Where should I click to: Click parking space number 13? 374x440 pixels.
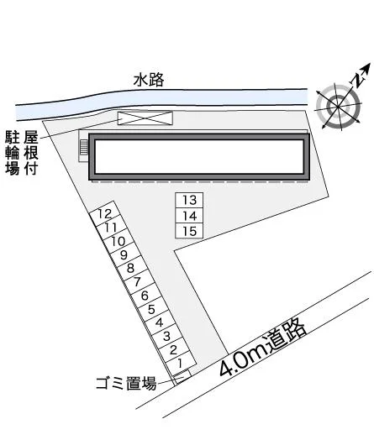tap(189, 200)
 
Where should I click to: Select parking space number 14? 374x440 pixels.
tap(189, 216)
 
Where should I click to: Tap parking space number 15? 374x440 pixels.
tap(189, 231)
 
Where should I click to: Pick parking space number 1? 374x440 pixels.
tap(181, 364)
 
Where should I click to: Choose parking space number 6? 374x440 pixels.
tap(145, 296)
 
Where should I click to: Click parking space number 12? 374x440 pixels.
tap(105, 214)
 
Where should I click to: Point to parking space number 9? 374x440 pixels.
tap(124, 255)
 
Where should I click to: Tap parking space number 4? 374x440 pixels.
tap(160, 322)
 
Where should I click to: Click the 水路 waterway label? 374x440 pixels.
tap(149, 80)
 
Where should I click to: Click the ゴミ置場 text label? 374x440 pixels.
tap(126, 383)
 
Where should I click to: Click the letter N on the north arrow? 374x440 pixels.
tap(358, 80)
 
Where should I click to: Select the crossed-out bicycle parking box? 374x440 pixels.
tap(145, 118)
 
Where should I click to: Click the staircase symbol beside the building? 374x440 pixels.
tap(84, 147)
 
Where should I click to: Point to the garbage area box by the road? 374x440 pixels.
tap(182, 377)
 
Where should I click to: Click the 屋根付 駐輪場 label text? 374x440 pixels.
tap(21, 153)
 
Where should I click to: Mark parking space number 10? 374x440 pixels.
tap(118, 241)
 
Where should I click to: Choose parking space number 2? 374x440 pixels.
tap(173, 350)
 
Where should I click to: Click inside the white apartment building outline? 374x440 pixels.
tap(199, 156)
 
